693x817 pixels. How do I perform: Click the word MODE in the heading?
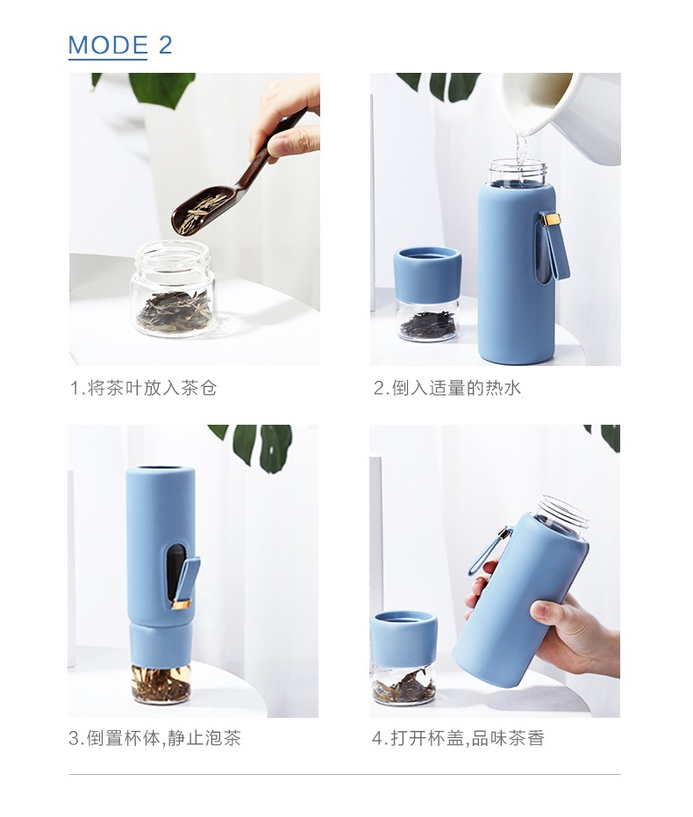point(108,45)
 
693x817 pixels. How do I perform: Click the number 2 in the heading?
point(165,45)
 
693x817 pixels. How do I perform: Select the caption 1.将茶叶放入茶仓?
point(143,388)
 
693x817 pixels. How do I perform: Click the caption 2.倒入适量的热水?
point(447,388)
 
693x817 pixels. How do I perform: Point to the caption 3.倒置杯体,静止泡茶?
point(154,738)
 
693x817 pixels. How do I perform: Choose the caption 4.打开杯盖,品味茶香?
point(458,738)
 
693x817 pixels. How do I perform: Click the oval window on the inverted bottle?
point(176,574)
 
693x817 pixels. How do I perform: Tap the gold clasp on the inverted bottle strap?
point(181,604)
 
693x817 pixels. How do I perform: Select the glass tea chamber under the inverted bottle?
point(161,684)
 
